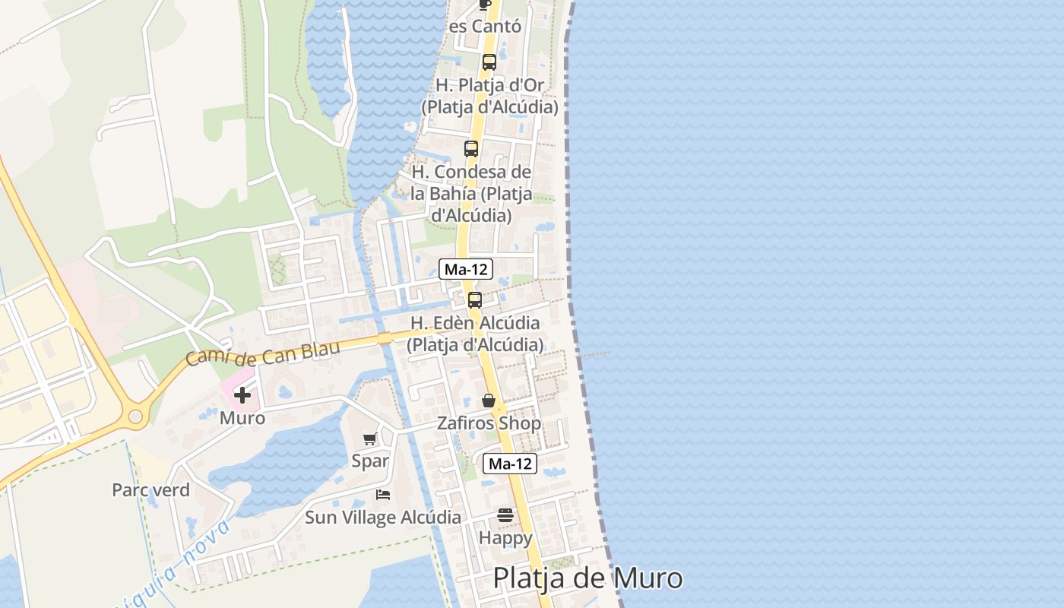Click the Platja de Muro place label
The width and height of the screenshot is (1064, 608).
click(587, 578)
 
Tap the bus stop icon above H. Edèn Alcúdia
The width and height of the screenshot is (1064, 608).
click(475, 299)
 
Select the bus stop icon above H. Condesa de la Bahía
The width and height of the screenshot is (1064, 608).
click(471, 148)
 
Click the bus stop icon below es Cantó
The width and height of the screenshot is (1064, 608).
click(489, 62)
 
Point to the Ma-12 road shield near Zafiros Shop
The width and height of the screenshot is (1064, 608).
click(510, 464)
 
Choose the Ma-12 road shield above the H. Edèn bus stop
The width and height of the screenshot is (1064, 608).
click(466, 269)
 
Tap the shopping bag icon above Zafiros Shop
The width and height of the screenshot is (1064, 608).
click(489, 400)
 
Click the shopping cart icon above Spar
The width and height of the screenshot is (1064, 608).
click(370, 439)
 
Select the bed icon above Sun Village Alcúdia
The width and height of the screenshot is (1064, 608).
click(383, 495)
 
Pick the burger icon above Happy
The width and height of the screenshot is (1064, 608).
click(505, 515)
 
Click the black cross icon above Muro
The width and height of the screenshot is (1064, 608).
click(242, 395)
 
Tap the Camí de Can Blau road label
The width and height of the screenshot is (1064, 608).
click(262, 352)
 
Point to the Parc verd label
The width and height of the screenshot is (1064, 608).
click(150, 490)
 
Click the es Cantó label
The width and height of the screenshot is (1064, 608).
click(485, 27)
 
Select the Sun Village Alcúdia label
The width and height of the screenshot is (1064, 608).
click(383, 518)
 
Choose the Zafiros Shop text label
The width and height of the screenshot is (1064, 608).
click(489, 423)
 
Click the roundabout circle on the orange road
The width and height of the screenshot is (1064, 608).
click(136, 416)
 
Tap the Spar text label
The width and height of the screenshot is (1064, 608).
click(370, 461)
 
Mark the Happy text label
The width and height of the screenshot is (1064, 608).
click(505, 538)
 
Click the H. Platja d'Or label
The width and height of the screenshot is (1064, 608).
click(490, 85)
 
